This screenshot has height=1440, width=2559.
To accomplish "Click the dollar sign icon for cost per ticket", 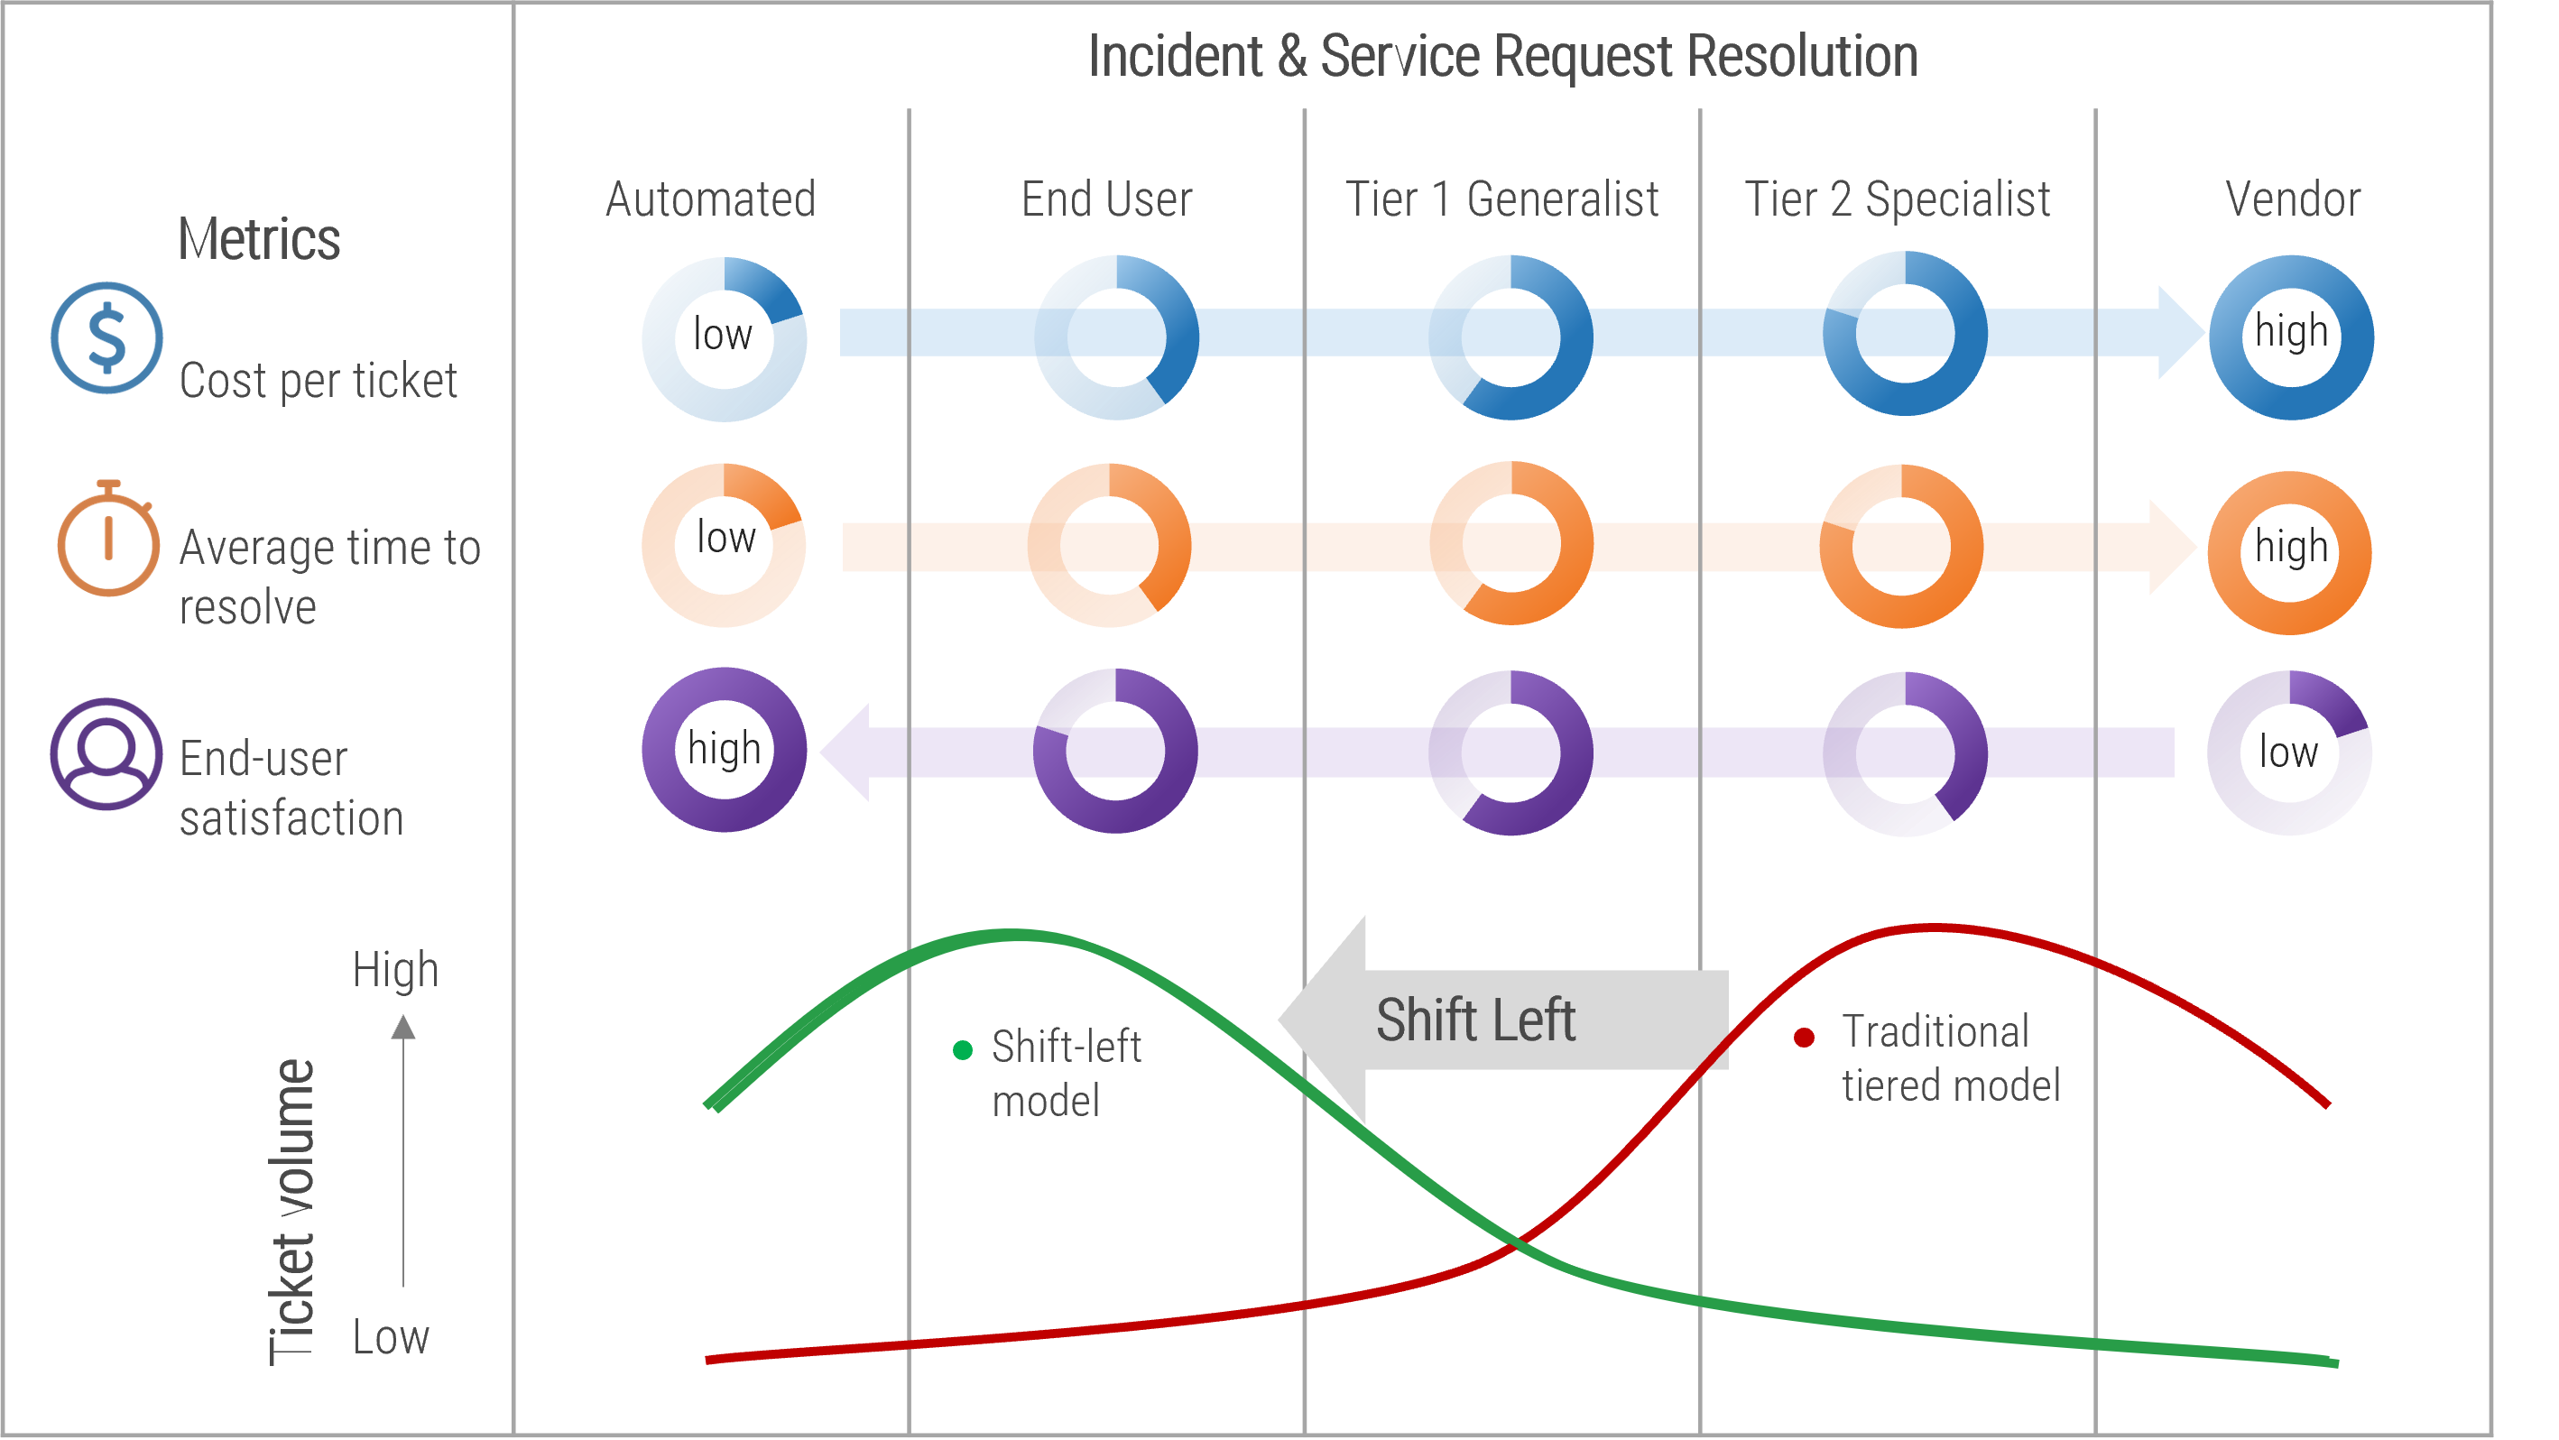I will [x=107, y=337].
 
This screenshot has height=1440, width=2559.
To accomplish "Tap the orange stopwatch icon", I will [x=107, y=541].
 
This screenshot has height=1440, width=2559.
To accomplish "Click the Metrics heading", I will [x=258, y=239].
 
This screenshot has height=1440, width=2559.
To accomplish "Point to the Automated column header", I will [x=710, y=199].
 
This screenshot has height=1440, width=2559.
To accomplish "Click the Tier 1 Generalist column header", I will [x=1501, y=199].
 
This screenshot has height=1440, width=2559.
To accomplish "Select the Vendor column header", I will [x=2292, y=199].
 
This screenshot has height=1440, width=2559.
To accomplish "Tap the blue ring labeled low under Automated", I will [x=725, y=338].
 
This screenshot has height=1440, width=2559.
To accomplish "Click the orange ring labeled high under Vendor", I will [x=2290, y=552].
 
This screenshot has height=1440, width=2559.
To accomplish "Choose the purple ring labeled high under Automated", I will [x=725, y=750].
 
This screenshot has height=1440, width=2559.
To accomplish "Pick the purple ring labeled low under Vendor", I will [x=2290, y=753].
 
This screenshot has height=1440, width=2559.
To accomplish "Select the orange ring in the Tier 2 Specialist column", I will [x=1900, y=546].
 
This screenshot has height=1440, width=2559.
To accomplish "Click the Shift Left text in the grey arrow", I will [x=1475, y=1020].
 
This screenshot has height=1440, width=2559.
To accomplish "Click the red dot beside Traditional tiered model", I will [x=1804, y=1038].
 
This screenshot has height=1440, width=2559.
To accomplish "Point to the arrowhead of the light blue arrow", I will [x=2182, y=333].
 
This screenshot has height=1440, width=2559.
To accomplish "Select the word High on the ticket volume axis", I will [x=395, y=970].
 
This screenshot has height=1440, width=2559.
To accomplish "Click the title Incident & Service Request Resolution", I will [x=1502, y=57].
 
